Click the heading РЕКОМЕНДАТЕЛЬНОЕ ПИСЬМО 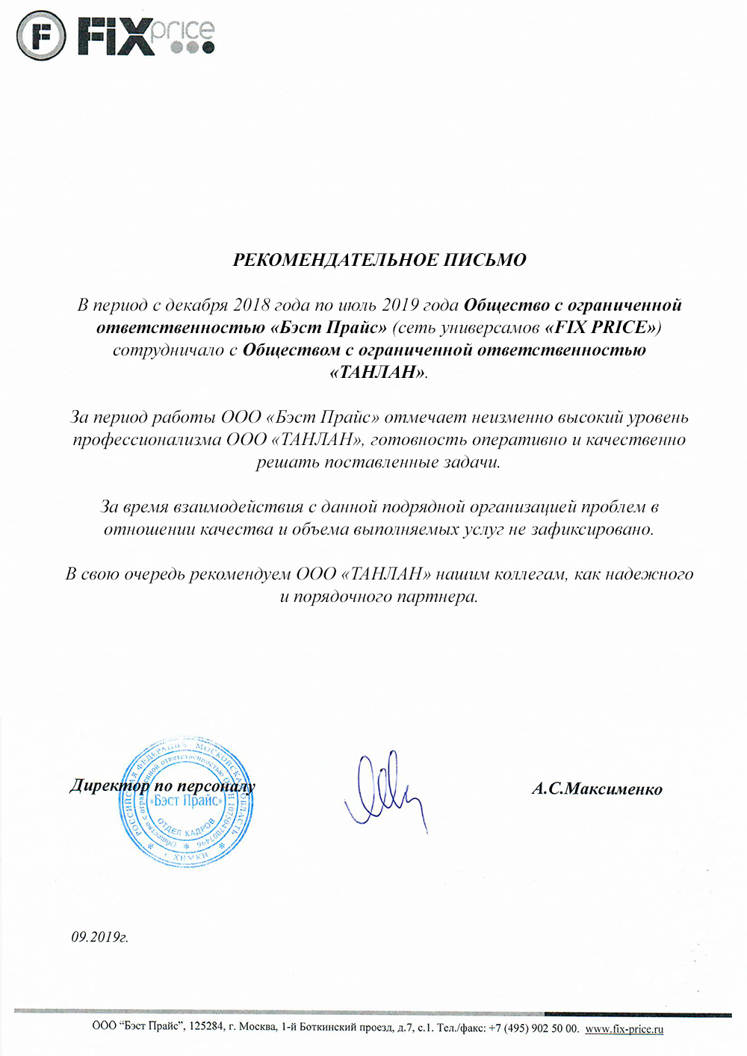(x=379, y=260)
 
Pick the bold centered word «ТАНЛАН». (x=378, y=372)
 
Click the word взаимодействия (x=238, y=507)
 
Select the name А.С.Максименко (x=597, y=789)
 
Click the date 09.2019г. (x=99, y=937)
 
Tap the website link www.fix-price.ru (x=624, y=1028)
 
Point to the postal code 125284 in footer (x=206, y=1028)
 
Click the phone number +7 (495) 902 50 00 (x=533, y=1028)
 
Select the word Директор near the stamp (x=110, y=786)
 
